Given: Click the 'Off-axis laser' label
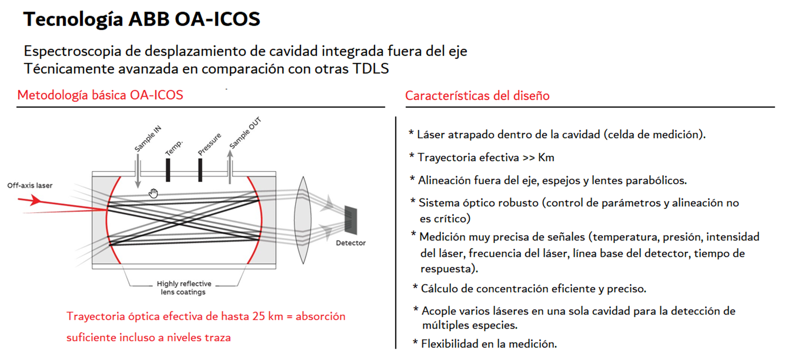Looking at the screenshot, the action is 30,185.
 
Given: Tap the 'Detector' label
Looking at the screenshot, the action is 351,243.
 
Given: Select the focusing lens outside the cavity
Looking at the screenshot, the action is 303,220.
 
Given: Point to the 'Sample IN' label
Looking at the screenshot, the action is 148,139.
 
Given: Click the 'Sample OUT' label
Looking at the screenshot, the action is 245,133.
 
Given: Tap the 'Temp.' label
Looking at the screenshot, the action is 174,148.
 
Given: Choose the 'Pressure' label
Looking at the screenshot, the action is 209,144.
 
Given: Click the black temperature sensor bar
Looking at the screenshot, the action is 168,170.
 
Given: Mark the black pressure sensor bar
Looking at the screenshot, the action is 200,170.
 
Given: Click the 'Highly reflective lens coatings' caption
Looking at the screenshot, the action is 184,288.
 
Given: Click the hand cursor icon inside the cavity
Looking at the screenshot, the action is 153,194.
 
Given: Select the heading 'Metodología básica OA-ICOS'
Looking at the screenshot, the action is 100,95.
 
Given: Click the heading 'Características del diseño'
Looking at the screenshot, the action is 477,96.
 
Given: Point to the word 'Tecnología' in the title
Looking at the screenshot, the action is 73,19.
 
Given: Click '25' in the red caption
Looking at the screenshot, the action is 258,316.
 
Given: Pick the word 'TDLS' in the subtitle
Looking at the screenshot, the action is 370,69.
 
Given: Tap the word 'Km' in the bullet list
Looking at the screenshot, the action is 546,157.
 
